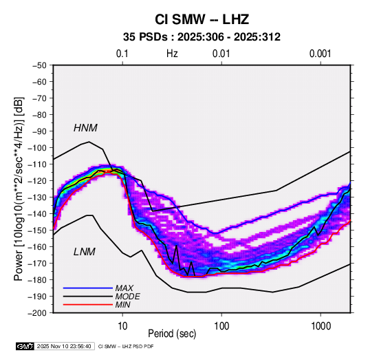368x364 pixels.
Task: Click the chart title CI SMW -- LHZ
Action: tap(202, 19)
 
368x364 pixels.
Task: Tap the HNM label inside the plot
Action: tap(85, 128)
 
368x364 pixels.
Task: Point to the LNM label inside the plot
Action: tap(85, 252)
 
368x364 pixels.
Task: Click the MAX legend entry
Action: tap(124, 288)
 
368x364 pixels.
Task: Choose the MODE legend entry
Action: tap(127, 297)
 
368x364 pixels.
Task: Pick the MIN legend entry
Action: tap(122, 305)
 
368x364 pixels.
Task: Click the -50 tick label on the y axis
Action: tap(39, 65)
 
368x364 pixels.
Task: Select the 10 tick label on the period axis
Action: tap(122, 326)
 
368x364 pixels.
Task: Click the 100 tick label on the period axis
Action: tap(221, 326)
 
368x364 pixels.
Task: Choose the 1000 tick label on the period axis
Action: tap(321, 326)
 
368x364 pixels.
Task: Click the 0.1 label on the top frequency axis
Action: tap(122, 54)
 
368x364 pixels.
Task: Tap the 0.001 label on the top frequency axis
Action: tap(320, 54)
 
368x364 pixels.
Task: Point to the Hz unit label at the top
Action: tap(172, 54)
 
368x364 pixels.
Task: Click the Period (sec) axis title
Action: tap(172, 334)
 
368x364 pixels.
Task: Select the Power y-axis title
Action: tap(19, 189)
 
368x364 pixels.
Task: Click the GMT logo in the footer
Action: tap(25, 346)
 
